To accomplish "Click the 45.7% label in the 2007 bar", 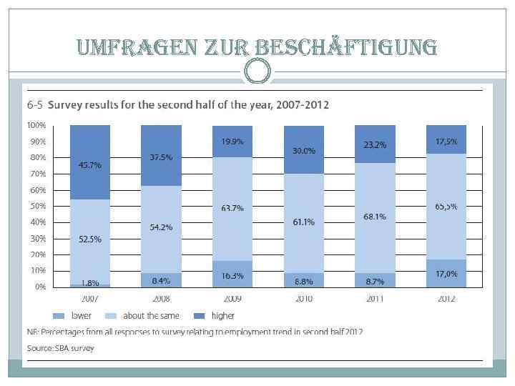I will (89, 165).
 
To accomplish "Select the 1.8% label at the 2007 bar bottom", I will (89, 283).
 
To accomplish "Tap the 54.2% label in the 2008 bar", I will (161, 227).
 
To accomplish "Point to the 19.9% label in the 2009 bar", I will (232, 141).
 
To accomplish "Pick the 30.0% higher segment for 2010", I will (304, 151).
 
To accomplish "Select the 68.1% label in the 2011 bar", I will (376, 216).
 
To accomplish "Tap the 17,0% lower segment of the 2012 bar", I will (446, 273).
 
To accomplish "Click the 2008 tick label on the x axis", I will (161, 298).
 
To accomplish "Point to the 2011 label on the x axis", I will (376, 298).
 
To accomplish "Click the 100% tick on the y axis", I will (36, 125).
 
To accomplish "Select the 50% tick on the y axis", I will (38, 206).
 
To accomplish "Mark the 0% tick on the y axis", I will (40, 287).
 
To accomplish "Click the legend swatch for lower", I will (59, 315).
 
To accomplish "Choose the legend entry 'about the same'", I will (151, 315).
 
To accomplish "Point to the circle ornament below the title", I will (257, 71).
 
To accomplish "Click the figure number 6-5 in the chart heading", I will (35, 105).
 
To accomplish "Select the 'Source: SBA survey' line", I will (61, 348).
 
